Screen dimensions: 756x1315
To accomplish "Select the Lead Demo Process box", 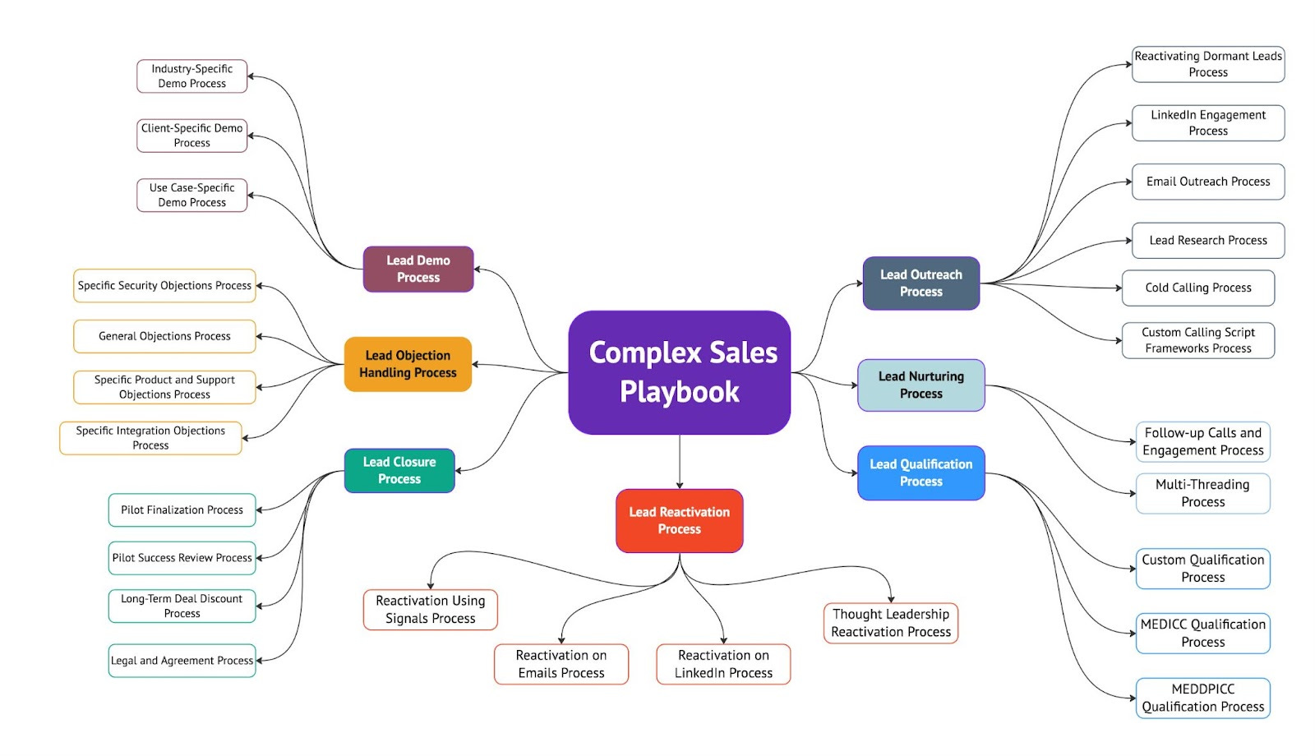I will (x=418, y=269).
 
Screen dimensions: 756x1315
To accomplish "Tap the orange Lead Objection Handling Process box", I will (x=408, y=364).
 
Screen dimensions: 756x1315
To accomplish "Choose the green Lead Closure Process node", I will (x=399, y=470).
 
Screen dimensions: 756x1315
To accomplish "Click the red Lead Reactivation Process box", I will (x=679, y=520).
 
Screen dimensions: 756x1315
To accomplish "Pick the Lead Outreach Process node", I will (x=920, y=283).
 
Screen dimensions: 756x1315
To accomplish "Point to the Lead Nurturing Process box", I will (x=920, y=385).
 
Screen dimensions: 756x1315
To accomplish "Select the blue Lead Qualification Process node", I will (x=920, y=472).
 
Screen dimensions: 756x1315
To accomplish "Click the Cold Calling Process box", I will (x=1197, y=288).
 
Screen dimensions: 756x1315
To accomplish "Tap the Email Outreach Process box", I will (x=1207, y=182).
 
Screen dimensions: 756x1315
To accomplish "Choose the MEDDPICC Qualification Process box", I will (x=1202, y=698).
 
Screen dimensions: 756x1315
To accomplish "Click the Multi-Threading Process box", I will (x=1202, y=493).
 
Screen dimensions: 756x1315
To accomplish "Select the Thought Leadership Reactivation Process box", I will (x=891, y=623).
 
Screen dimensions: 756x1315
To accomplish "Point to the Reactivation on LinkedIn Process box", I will (x=723, y=664).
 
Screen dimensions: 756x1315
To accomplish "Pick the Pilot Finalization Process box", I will (x=182, y=509).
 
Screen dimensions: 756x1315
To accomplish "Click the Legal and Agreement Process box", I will (x=182, y=661).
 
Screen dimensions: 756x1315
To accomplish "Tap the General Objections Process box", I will (x=164, y=336).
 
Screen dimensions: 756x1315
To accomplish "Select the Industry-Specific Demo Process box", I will (x=191, y=76).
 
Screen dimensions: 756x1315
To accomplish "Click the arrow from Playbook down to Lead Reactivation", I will (x=680, y=462).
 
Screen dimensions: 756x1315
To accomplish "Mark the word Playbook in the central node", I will (x=680, y=392).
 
